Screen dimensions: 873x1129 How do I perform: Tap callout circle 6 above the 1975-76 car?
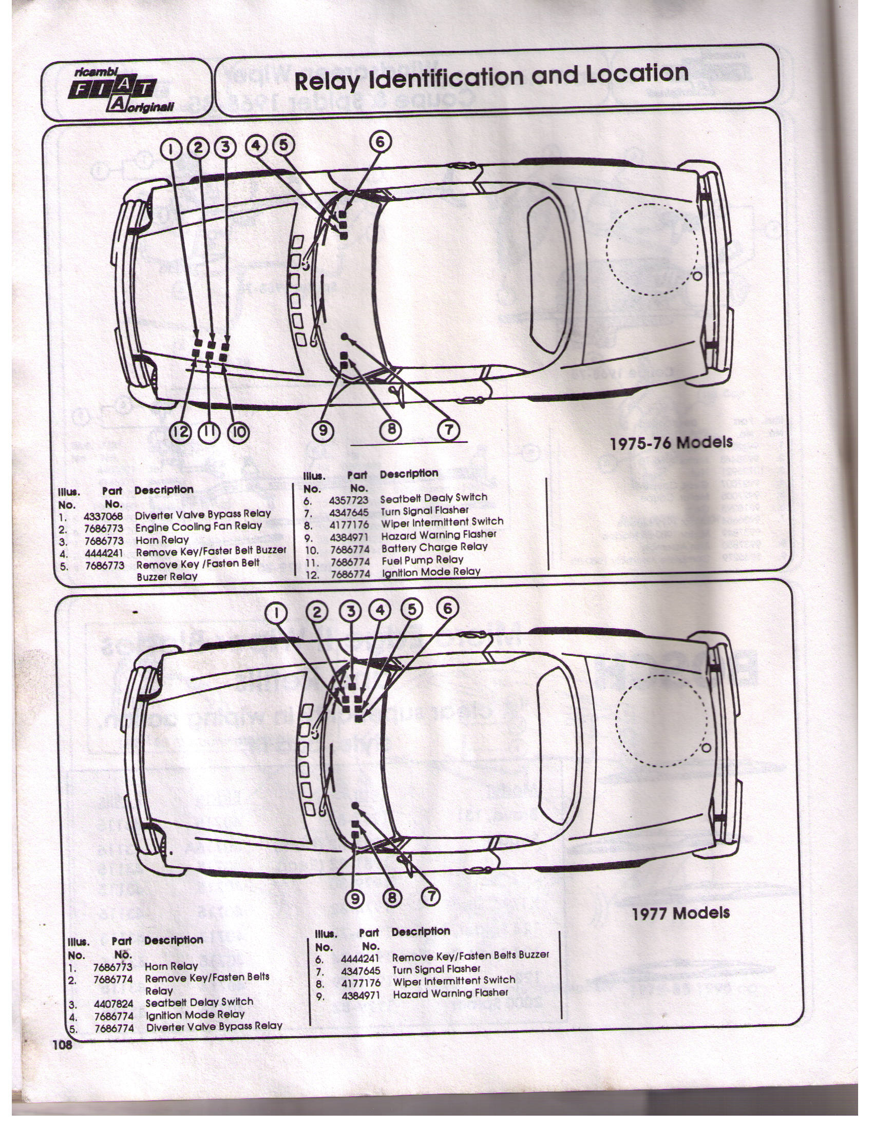[x=379, y=142]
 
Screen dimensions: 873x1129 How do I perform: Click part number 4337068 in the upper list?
[x=103, y=516]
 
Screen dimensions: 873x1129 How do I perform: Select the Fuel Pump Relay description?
[x=423, y=560]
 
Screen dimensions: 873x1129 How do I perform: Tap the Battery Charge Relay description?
[x=434, y=548]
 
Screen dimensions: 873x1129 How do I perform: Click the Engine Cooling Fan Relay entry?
[x=199, y=527]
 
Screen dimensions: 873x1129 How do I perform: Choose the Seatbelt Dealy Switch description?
[x=434, y=498]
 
